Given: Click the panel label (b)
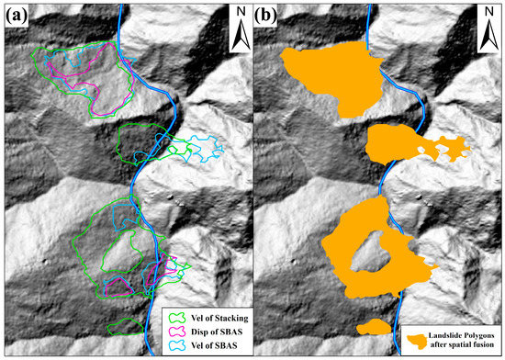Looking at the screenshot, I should click(269, 17).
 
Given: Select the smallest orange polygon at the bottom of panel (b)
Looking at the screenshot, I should click(375, 327).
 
